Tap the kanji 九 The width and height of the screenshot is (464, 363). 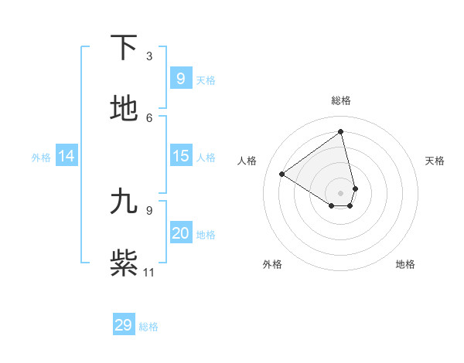(124, 201)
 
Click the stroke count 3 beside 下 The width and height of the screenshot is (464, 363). (149, 56)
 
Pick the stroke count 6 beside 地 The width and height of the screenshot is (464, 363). (149, 117)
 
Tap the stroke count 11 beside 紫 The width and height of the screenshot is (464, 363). (149, 272)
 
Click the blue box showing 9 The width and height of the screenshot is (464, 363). (180, 78)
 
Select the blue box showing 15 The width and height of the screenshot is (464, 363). (180, 156)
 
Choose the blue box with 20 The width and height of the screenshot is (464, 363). (180, 233)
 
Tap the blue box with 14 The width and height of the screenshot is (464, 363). (67, 156)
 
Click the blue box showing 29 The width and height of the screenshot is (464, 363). (124, 325)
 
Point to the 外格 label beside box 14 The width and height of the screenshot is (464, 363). (41, 157)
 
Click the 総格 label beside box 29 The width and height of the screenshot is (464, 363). (148, 326)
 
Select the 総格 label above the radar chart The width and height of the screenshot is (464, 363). (341, 100)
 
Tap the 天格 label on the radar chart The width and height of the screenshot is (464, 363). (435, 161)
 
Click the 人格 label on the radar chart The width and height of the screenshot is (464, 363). (247, 161)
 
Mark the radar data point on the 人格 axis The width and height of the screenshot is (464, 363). (282, 174)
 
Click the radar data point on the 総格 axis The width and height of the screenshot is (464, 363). (341, 131)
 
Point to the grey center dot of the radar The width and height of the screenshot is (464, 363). (341, 192)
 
